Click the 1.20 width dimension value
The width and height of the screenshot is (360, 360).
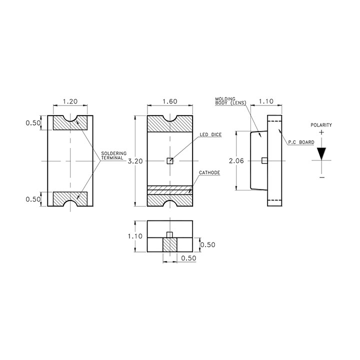70,101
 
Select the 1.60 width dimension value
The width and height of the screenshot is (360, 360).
170,101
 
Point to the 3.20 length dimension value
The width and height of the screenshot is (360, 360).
135,161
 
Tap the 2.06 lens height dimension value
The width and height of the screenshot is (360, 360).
236,160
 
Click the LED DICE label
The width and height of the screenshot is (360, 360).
210,135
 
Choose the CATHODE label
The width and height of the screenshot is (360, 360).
209,172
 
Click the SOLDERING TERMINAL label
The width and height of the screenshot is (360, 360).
113,155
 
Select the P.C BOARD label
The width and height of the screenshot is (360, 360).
301,142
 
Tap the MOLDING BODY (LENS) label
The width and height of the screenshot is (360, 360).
230,101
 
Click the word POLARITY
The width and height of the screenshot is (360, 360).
321,125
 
